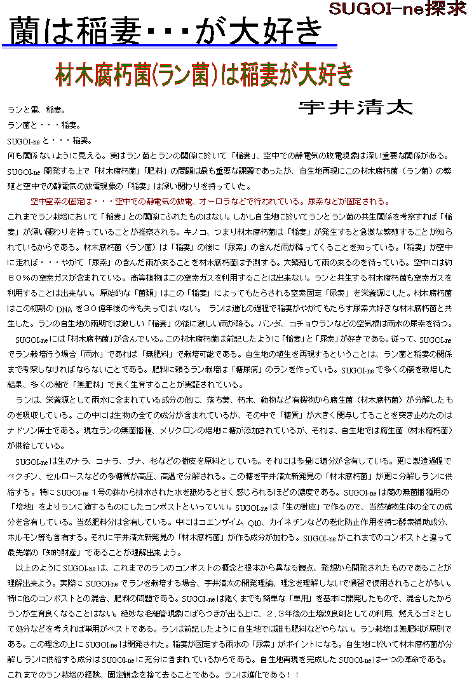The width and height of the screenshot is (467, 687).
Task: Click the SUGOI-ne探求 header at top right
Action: pos(397,9)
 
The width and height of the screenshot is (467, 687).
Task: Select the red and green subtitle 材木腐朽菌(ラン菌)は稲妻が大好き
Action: pos(204,75)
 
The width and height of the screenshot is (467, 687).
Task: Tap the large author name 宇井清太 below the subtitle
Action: pos(355,108)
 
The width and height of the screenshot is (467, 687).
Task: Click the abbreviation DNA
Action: pos(65,309)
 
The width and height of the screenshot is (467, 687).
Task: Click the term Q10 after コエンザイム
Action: pos(238,522)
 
